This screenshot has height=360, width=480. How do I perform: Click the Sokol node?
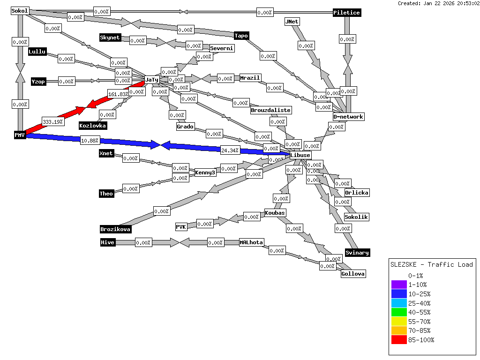tap(20, 11)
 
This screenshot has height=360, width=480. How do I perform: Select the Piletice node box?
tap(347, 13)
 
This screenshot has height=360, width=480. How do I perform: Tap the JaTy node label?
tap(152, 80)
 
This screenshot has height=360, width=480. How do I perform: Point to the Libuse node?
tap(300, 155)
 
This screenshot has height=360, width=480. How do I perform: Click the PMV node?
tap(19, 135)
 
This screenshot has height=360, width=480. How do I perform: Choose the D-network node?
tap(348, 117)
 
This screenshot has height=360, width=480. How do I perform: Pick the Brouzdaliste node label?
tap(271, 110)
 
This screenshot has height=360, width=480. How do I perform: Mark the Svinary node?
tap(357, 253)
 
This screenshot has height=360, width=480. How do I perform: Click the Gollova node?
tap(353, 274)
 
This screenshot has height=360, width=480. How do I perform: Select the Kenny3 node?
tap(205, 172)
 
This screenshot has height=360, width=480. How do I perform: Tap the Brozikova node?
tap(115, 229)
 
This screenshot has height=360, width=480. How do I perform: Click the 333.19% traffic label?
tap(53, 121)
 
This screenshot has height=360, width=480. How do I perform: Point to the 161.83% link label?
tap(118, 94)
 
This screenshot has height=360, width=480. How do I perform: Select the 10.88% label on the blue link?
tap(90, 140)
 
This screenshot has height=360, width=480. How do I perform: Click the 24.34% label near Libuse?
tap(230, 150)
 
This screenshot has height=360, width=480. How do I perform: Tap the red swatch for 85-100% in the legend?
tap(399, 340)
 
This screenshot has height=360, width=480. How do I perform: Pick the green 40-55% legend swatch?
tap(399, 312)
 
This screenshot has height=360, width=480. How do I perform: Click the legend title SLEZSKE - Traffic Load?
tap(432, 264)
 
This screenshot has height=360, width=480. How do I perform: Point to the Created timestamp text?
tap(438, 3)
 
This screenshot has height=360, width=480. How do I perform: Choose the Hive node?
tap(108, 242)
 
